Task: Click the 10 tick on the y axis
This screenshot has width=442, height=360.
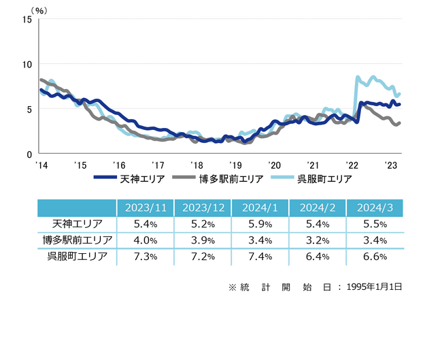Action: (27, 64)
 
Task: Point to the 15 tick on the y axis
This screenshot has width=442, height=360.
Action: (27, 19)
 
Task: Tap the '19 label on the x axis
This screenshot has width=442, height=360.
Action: (235, 165)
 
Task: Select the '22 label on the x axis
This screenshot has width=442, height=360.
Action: (352, 165)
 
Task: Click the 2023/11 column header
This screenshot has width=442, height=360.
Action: (145, 208)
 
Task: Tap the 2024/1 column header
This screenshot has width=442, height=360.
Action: (260, 208)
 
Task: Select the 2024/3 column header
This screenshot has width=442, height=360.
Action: (375, 208)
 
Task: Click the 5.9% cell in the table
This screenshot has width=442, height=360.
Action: (260, 224)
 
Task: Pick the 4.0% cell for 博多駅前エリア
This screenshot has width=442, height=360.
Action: (145, 240)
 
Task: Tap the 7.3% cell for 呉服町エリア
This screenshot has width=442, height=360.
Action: (145, 257)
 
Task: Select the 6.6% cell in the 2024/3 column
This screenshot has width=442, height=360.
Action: (375, 257)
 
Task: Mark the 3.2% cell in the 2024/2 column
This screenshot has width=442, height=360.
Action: (318, 240)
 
